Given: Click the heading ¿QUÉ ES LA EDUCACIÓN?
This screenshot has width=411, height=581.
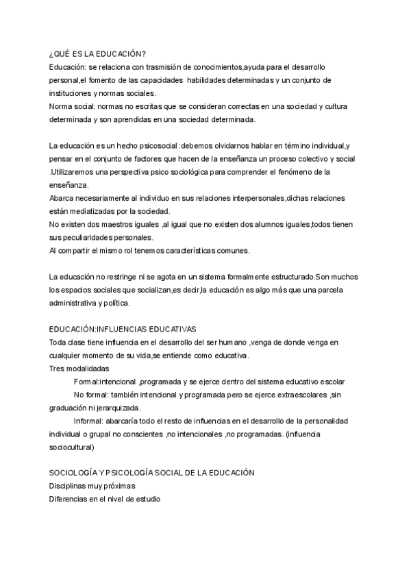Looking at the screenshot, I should [97, 54].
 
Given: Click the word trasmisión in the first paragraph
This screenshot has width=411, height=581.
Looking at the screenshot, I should [161, 67].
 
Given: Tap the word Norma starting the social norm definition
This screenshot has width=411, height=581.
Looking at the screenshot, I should [61, 106].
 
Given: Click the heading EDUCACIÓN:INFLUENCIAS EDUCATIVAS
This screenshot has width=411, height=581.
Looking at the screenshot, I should [123, 330].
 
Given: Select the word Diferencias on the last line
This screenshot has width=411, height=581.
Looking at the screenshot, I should [68, 499].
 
